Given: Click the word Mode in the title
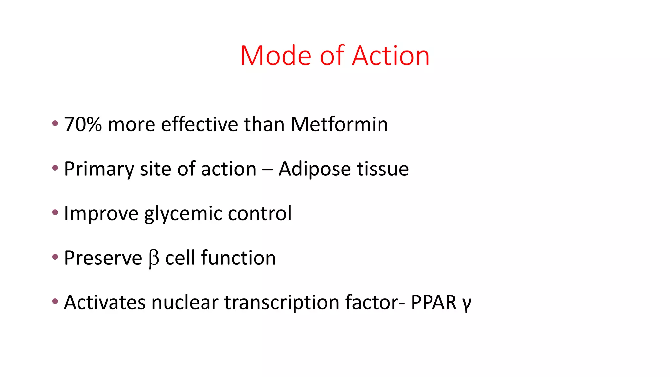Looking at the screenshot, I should (x=275, y=56).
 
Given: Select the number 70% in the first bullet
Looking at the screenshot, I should (x=83, y=124).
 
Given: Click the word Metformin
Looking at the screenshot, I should (x=339, y=124).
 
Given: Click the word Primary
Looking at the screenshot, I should (x=99, y=169).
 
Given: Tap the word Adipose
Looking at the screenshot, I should (x=314, y=169).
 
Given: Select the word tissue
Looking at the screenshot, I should (x=382, y=169).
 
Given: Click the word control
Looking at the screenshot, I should (x=259, y=213).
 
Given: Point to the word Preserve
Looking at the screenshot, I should (x=103, y=258).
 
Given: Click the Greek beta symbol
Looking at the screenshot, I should (x=154, y=259).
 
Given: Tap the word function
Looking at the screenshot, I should (x=238, y=258).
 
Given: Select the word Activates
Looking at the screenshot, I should (x=104, y=302).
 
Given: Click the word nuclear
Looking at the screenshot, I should (x=185, y=302).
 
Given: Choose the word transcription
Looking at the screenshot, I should (x=281, y=302).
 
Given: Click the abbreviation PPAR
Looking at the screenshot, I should (x=433, y=302).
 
